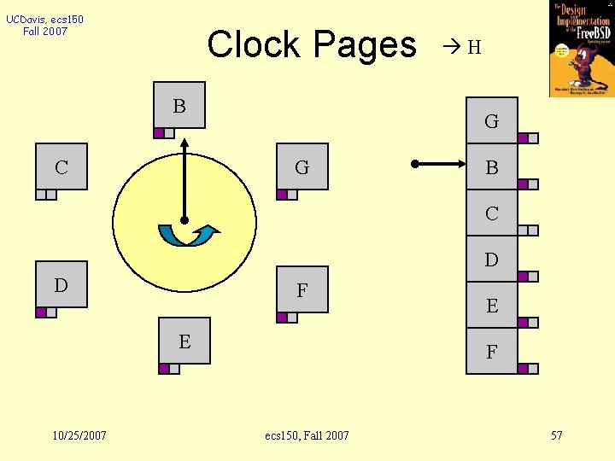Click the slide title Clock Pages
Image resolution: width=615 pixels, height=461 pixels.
[311, 44]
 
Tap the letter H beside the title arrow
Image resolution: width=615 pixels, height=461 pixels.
[475, 48]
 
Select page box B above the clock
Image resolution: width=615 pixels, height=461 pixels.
[179, 105]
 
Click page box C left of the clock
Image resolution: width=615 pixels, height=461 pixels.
[61, 166]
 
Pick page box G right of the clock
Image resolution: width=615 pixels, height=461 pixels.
[302, 166]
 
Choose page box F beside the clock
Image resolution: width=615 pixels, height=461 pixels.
[302, 289]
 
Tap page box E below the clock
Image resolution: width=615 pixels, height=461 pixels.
[184, 341]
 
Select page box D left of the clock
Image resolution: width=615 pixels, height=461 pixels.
[61, 284]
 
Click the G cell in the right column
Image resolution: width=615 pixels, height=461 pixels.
[491, 121]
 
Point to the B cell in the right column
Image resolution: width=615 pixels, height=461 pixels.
[491, 167]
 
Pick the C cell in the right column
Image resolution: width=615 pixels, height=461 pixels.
[491, 213]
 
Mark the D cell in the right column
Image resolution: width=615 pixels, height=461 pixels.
[491, 260]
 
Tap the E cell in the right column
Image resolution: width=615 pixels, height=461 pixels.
[491, 306]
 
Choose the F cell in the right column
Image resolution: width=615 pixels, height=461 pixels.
[491, 352]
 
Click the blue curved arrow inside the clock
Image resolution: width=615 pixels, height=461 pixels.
[188, 235]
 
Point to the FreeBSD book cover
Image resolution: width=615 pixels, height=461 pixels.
[581, 48]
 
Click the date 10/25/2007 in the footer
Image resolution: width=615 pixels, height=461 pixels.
[79, 435]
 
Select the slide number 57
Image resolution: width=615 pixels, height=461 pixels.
[556, 435]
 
